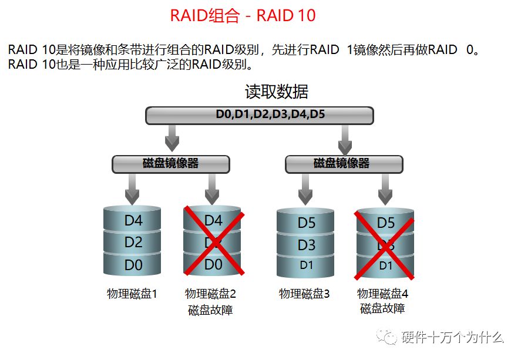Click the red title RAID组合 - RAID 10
(243, 15)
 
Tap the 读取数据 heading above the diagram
(276, 92)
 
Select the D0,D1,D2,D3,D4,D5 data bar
(259, 115)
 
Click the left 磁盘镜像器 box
(170, 163)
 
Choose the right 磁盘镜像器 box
(344, 164)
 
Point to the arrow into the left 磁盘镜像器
(172, 139)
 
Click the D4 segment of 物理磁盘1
(133, 221)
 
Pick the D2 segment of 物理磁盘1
(133, 243)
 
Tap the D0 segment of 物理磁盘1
(133, 265)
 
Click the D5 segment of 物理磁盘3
(306, 223)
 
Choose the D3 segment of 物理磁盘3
(306, 244)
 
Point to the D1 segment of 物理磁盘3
(306, 265)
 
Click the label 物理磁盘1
(132, 294)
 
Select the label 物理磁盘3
(304, 294)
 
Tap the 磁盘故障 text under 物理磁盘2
(210, 309)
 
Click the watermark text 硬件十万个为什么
(452, 337)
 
